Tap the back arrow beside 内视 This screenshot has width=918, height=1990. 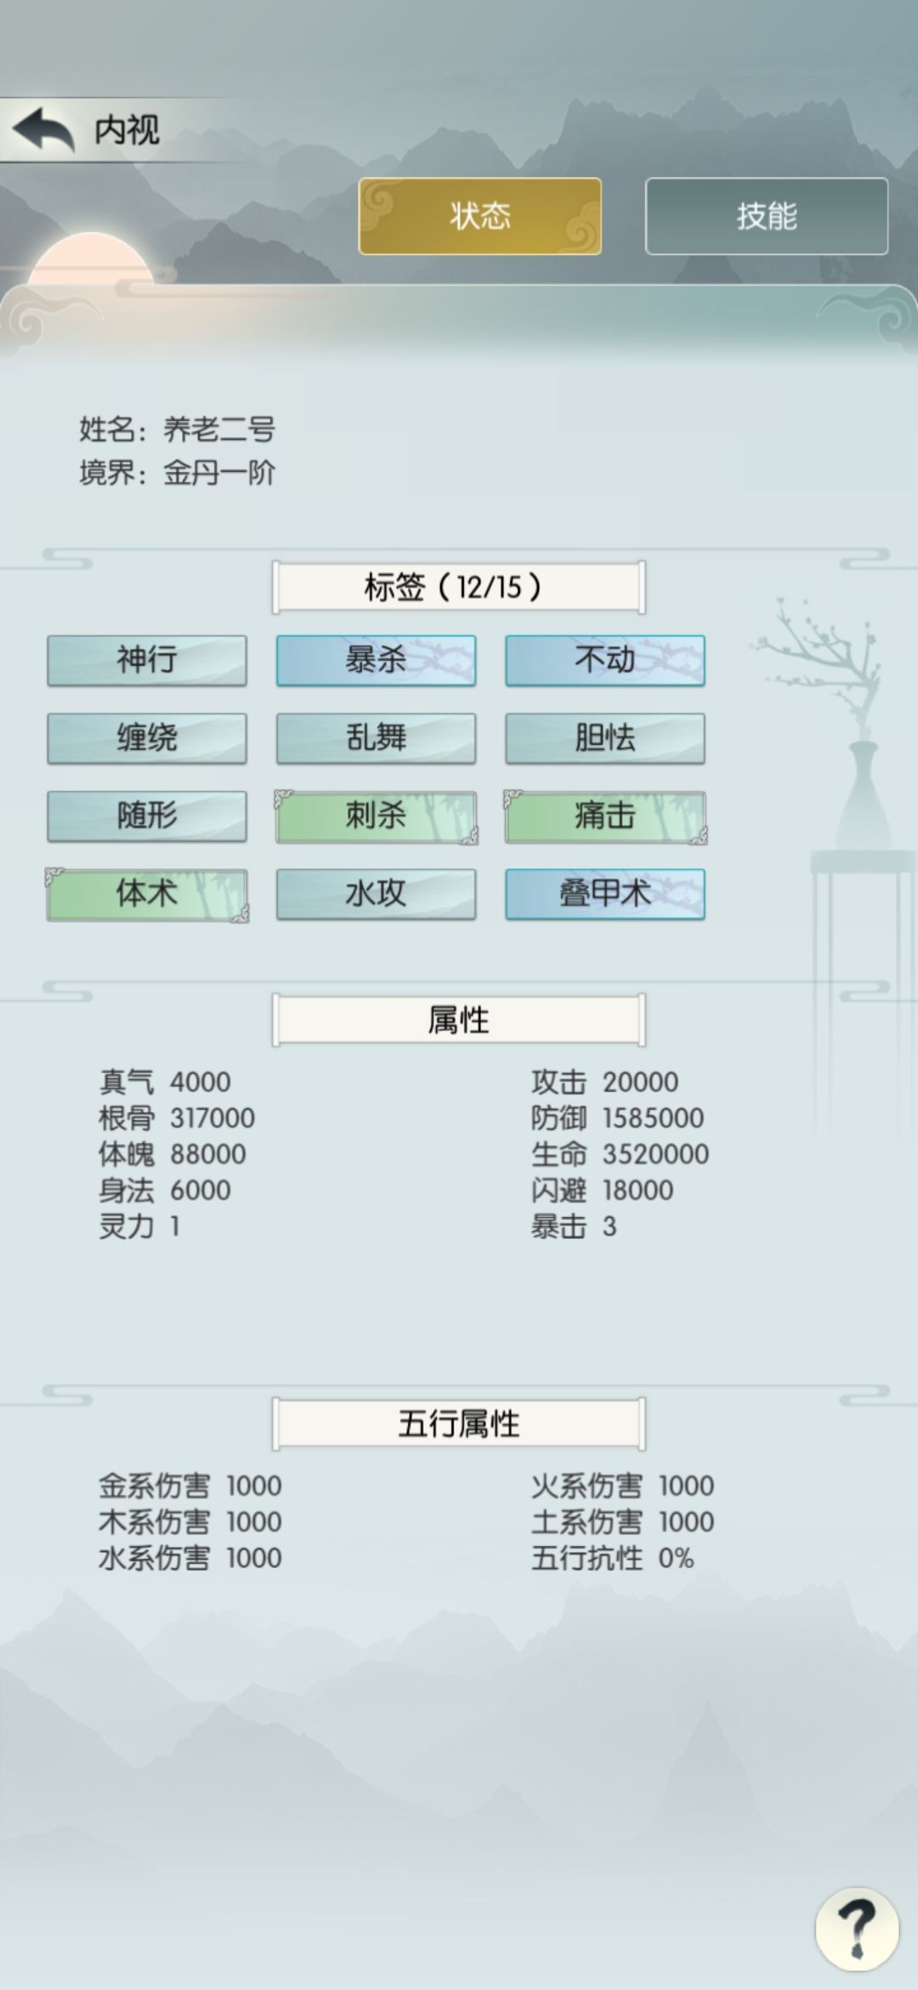[42, 129]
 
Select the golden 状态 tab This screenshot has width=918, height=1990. [480, 216]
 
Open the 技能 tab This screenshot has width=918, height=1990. [767, 216]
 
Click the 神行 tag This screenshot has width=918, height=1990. [147, 660]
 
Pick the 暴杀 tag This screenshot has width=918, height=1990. [376, 660]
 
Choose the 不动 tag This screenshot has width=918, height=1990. [605, 660]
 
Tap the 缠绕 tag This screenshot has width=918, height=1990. [147, 738]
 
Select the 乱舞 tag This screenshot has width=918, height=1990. [376, 738]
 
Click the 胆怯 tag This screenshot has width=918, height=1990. [605, 738]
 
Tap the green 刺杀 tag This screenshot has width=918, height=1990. [376, 816]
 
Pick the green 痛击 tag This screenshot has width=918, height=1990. [605, 816]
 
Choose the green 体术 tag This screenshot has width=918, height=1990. [147, 895]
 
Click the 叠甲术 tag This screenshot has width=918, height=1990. [605, 895]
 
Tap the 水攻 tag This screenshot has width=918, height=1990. [376, 895]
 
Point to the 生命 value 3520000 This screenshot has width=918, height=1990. [655, 1154]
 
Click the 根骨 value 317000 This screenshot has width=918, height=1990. [212, 1117]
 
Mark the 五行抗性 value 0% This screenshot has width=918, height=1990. [676, 1558]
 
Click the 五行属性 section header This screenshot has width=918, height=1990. [459, 1424]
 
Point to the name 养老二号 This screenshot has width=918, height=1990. [219, 429]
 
